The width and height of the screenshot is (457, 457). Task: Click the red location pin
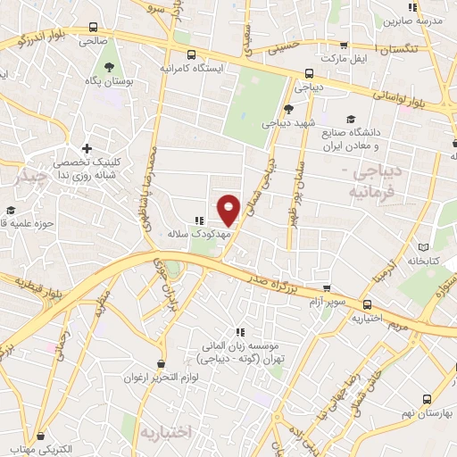[229, 210]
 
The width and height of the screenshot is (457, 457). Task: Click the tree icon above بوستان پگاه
[110, 67]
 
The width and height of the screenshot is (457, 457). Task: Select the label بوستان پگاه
[110, 82]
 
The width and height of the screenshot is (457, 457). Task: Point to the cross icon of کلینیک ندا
[87, 148]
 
